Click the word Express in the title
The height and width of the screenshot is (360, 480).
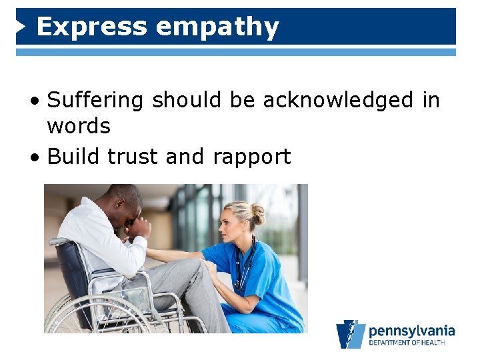click(x=91, y=27)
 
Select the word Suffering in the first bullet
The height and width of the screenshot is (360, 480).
click(x=95, y=101)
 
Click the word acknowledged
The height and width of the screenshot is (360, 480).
click(x=339, y=101)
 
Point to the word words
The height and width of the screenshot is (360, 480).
click(x=79, y=125)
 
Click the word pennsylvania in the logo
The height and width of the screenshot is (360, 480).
click(x=411, y=331)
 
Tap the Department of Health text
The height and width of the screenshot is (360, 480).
click(x=411, y=343)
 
